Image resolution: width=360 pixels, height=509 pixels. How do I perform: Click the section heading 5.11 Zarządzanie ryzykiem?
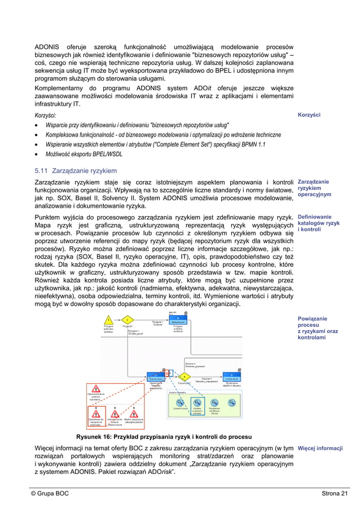(x=76, y=170)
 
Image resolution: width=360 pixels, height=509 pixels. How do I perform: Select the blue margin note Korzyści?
(x=309, y=115)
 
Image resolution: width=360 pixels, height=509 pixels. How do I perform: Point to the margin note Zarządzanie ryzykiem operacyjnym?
(x=314, y=188)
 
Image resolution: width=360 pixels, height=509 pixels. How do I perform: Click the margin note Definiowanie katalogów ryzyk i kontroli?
(x=318, y=223)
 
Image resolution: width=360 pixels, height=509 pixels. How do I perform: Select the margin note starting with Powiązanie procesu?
(x=318, y=328)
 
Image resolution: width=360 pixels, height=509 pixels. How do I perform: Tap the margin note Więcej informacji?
(x=320, y=449)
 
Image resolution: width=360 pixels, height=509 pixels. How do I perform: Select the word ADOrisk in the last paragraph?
(x=155, y=472)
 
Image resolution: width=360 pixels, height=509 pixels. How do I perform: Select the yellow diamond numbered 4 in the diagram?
(x=184, y=376)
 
